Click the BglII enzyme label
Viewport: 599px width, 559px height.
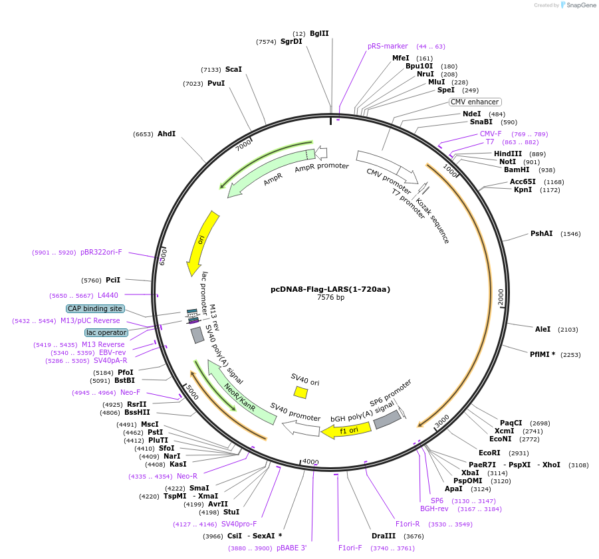click(x=319, y=33)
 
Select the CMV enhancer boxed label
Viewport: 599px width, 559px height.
click(x=475, y=102)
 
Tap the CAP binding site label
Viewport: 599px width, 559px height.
click(x=94, y=308)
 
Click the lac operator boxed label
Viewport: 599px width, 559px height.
click(x=106, y=332)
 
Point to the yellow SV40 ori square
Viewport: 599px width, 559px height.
click(x=300, y=393)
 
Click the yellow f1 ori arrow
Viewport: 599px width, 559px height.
click(x=343, y=431)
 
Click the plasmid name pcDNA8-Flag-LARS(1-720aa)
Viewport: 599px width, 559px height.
click(x=330, y=289)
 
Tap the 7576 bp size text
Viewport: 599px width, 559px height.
click(x=330, y=298)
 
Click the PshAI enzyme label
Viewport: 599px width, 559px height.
click(x=541, y=233)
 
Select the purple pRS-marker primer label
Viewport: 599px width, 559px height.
click(x=388, y=47)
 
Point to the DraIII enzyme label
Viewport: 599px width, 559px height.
click(x=384, y=536)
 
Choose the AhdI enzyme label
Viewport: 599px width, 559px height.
click(x=166, y=134)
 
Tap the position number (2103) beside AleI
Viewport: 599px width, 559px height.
click(x=568, y=330)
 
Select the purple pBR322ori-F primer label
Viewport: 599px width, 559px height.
click(x=101, y=252)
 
